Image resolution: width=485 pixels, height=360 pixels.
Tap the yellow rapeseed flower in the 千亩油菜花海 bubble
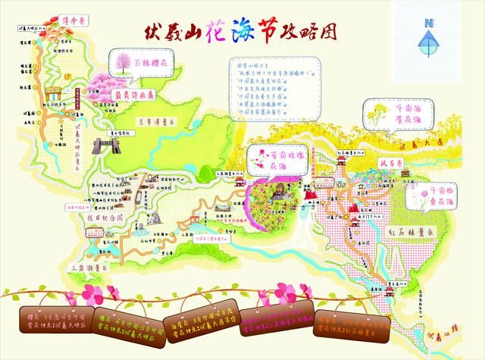click(x=377, y=118)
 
